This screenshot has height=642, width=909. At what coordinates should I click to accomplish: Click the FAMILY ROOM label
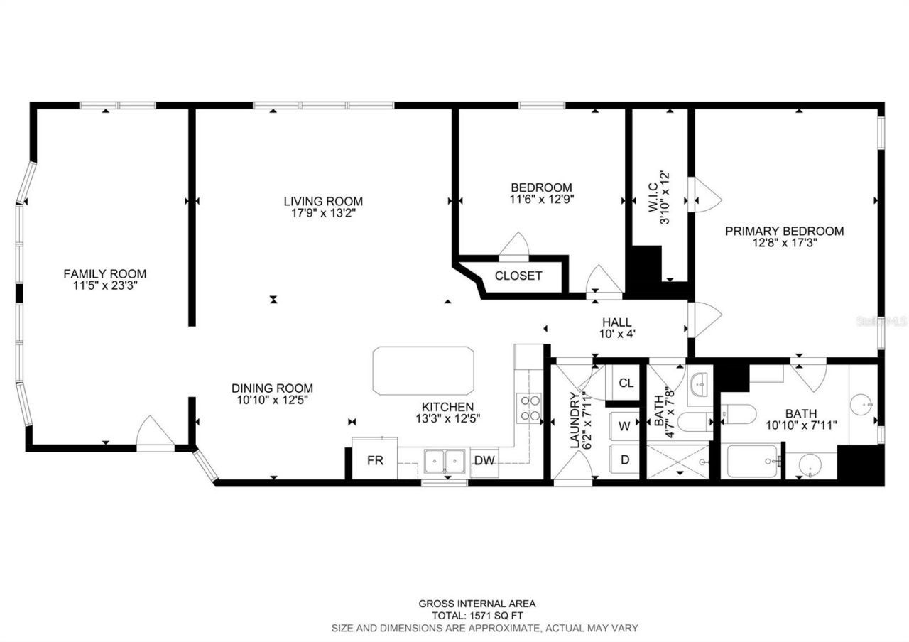[105, 273]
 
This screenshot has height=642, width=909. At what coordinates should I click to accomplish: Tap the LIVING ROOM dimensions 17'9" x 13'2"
[323, 213]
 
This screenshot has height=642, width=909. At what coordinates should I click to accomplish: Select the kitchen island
[423, 371]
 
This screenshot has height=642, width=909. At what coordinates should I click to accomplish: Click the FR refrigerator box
[375, 460]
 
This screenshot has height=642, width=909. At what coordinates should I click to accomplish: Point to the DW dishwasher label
[484, 460]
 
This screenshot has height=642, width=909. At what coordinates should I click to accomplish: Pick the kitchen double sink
[445, 461]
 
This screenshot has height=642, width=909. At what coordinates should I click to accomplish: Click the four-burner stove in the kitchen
[530, 408]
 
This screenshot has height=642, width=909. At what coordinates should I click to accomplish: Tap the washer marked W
[624, 426]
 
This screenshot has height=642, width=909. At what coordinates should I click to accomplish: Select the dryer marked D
[624, 459]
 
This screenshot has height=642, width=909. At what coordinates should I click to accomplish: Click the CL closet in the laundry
[625, 383]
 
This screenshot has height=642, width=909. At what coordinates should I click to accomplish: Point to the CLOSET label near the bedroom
[518, 276]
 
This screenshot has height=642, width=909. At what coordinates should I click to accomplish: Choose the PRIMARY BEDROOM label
[784, 231]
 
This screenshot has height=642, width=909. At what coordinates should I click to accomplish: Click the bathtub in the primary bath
[752, 462]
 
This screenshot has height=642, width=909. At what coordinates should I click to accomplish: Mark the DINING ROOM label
[272, 388]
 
